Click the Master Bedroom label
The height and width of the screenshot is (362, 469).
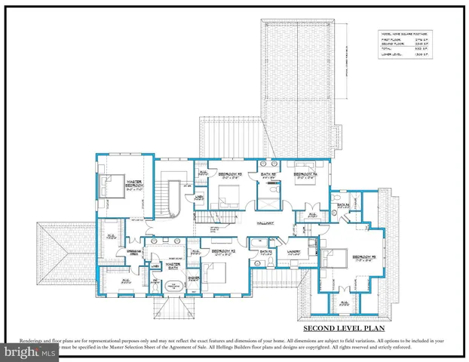(x=135, y=183)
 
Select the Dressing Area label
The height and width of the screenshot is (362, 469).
(x=135, y=252)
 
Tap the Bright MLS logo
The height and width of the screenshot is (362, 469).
(x=29, y=351)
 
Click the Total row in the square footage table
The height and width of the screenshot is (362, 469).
(x=400, y=48)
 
